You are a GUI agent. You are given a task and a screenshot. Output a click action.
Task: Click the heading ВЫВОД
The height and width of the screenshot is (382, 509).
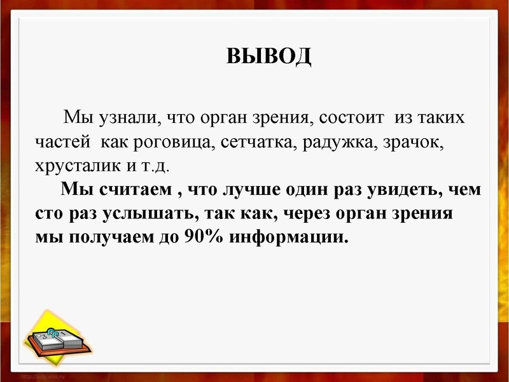[268, 56]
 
